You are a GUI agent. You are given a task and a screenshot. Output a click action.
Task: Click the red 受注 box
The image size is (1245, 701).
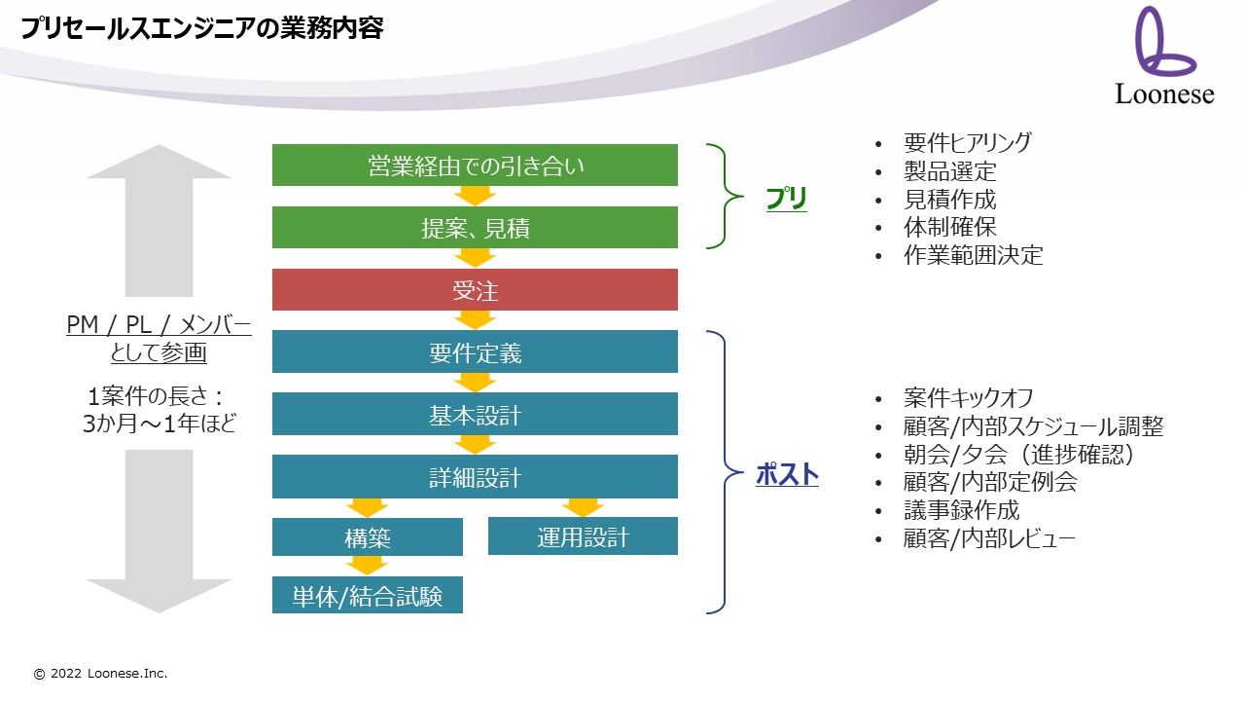475,290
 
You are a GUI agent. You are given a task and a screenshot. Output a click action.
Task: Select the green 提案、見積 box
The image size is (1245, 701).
475,228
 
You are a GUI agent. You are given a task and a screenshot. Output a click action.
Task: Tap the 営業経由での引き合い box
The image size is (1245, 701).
475,166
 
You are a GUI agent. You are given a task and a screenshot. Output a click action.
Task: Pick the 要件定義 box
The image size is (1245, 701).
475,351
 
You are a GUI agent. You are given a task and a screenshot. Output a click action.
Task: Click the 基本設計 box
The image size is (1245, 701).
475,414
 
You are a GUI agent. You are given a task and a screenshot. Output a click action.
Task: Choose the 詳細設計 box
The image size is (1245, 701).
475,477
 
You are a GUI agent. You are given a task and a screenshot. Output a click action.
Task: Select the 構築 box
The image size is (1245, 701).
368,536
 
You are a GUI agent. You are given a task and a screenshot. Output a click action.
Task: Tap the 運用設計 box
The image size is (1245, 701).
583,536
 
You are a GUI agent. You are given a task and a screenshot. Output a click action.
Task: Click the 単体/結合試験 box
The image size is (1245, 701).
368,595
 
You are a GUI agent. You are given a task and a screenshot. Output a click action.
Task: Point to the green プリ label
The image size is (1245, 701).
787,199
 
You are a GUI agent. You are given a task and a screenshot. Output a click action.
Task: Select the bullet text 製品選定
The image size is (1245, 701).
950,171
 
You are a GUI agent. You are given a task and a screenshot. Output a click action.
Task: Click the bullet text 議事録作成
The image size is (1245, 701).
962,510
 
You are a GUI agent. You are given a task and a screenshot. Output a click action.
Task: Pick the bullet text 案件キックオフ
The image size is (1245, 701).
968,398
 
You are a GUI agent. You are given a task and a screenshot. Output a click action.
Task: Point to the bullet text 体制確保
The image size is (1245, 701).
950,227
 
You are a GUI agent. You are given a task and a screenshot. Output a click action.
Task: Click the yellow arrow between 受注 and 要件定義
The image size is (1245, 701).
475,320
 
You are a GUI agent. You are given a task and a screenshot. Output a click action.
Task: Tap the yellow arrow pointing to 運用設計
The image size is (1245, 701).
583,508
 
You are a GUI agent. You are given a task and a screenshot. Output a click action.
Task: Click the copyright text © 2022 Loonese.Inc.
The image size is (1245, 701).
100,673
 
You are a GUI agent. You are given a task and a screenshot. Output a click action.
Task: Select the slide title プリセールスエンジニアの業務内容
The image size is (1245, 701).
201,28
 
